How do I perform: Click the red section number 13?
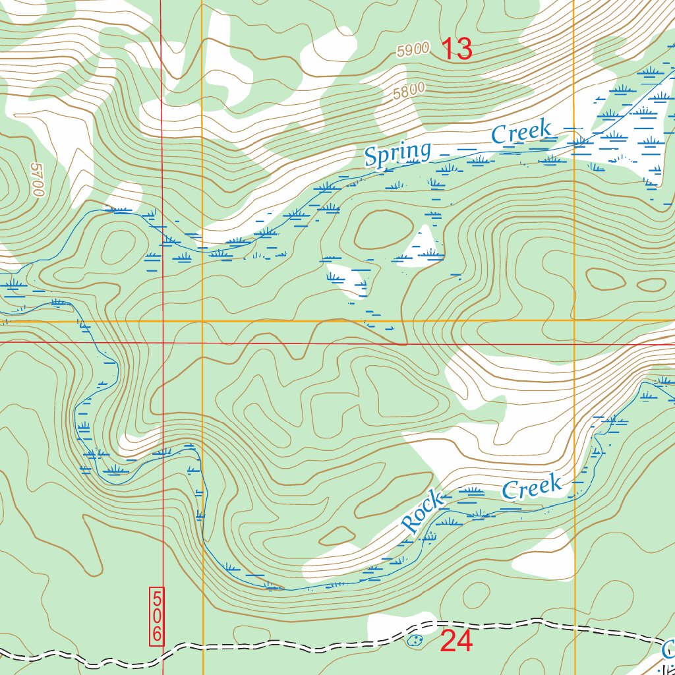coord(456,49)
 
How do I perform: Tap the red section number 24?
coord(456,641)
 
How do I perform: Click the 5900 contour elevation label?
coord(414,49)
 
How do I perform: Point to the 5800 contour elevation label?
coord(409,91)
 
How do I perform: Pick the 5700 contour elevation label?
coord(36,180)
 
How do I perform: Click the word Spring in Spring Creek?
coord(397,154)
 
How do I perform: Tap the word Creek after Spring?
coord(521,132)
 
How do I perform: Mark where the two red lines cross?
coord(162,343)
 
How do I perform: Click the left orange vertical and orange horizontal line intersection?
coord(202,321)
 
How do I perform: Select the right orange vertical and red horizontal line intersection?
coord(574,344)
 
